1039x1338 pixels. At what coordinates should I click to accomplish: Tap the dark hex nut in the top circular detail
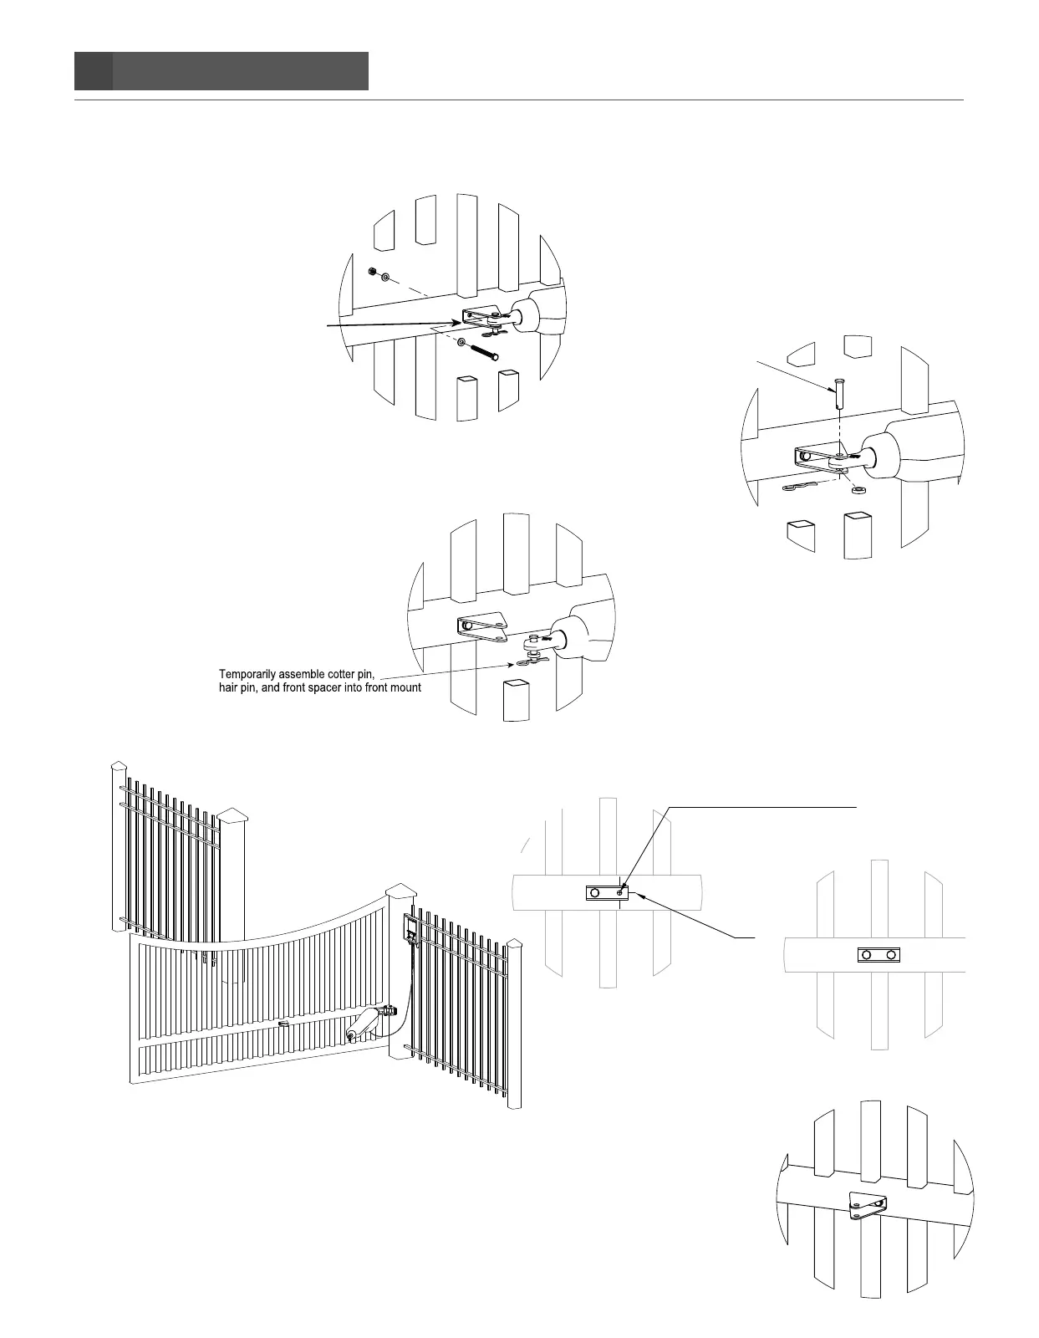(371, 272)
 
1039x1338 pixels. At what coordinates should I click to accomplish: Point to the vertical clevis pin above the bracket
(838, 392)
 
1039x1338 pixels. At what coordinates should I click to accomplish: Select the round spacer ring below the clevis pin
(857, 489)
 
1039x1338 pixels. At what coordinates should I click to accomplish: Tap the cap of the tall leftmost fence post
(120, 768)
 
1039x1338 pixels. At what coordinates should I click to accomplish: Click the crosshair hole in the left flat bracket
(619, 892)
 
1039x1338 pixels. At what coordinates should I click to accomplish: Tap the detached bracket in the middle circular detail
(482, 626)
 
